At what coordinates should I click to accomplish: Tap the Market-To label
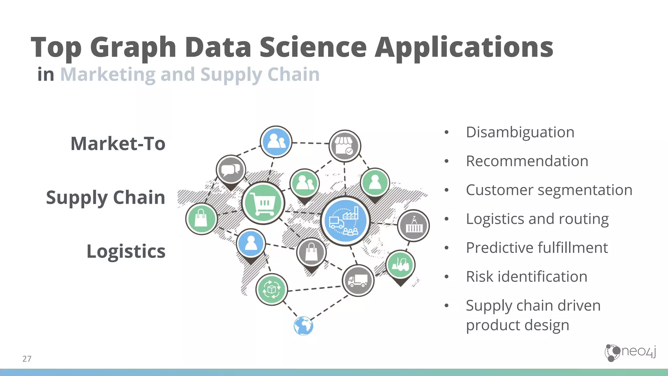pyautogui.click(x=118, y=144)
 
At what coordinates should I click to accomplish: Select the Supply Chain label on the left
pyautogui.click(x=105, y=197)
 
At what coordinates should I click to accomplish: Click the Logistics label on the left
pyautogui.click(x=126, y=251)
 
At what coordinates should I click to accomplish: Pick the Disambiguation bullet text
pyautogui.click(x=520, y=132)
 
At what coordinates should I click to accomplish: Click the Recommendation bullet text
pyautogui.click(x=527, y=161)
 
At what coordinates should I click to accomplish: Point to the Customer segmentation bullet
pyautogui.click(x=549, y=190)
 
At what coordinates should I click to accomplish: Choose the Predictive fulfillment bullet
pyautogui.click(x=537, y=248)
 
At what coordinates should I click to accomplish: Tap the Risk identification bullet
pyautogui.click(x=526, y=277)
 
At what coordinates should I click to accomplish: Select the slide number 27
pyautogui.click(x=27, y=359)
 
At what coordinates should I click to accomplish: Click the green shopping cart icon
pyautogui.click(x=263, y=203)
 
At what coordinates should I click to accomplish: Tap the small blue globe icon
pyautogui.click(x=303, y=326)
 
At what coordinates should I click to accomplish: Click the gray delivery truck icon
pyautogui.click(x=358, y=280)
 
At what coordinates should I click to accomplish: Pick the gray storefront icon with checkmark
pyautogui.click(x=345, y=146)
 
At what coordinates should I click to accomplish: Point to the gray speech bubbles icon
pyautogui.click(x=231, y=170)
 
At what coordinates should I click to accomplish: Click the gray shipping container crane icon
pyautogui.click(x=413, y=225)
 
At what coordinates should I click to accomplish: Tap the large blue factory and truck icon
pyautogui.click(x=345, y=221)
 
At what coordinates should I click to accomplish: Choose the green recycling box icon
pyautogui.click(x=271, y=289)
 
